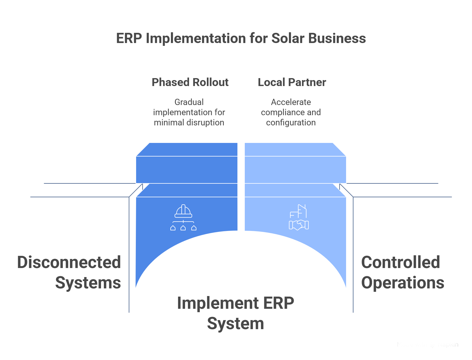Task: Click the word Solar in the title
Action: point(288,38)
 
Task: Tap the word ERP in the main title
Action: point(129,38)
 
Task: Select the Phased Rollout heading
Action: point(190,82)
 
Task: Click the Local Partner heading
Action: point(292,82)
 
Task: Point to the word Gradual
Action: point(189,102)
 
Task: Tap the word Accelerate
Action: point(291,102)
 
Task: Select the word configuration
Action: point(291,123)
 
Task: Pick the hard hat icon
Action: point(183,211)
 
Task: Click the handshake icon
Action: point(299,225)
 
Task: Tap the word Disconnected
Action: point(69,262)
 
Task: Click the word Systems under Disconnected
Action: point(88,282)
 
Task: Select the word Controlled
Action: point(400,262)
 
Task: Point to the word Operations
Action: point(403,282)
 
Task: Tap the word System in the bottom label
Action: point(235,323)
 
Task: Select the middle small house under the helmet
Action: point(183,228)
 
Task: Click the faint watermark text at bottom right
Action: point(428,345)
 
